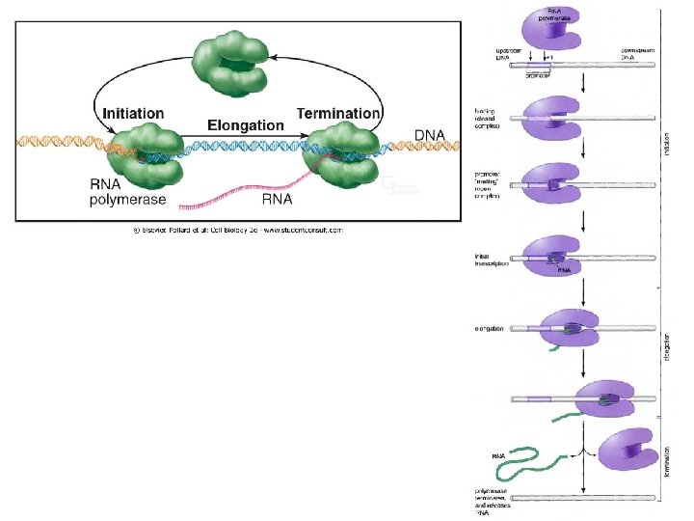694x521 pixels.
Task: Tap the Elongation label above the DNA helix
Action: (246, 125)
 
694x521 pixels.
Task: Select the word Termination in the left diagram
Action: (338, 114)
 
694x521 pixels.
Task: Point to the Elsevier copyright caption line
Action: (237, 230)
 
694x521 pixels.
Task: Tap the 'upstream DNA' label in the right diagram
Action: (507, 54)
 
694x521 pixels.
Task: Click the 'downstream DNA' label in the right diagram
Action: (637, 54)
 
